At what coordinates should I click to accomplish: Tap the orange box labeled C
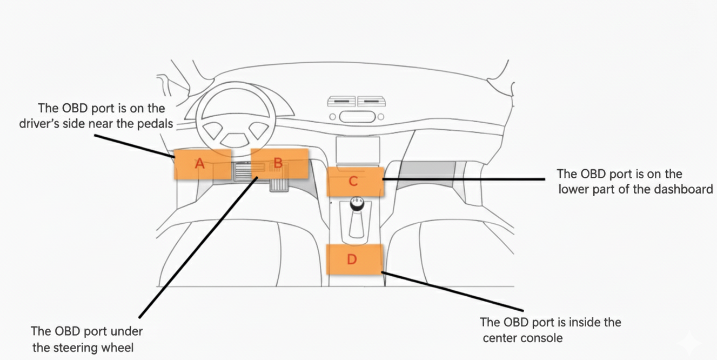(355, 182)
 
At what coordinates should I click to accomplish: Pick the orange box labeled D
(354, 259)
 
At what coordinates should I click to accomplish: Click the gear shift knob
(357, 204)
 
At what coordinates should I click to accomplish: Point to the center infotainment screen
(358, 150)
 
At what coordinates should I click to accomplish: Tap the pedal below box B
(278, 184)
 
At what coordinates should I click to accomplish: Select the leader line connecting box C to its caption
(465, 178)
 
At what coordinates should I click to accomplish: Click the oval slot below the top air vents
(357, 116)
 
